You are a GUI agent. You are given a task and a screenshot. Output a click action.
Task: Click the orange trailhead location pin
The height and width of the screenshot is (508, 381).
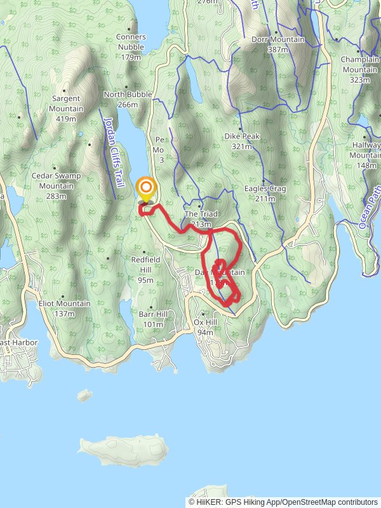pyautogui.click(x=147, y=189)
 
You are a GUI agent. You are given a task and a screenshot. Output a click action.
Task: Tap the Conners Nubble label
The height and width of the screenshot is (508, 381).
pyautogui.click(x=131, y=37)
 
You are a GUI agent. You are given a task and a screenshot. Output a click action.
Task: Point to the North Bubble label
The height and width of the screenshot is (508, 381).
pyautogui.click(x=128, y=95)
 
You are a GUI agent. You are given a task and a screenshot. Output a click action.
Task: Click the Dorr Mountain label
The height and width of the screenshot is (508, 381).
pyautogui.click(x=277, y=39)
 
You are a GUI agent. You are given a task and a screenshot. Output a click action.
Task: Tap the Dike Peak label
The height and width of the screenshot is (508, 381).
pyautogui.click(x=239, y=136)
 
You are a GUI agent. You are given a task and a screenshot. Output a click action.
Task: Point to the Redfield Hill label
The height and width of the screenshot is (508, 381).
pyautogui.click(x=146, y=259)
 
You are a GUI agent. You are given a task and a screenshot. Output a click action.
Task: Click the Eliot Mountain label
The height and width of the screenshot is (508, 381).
pyautogui.click(x=64, y=304)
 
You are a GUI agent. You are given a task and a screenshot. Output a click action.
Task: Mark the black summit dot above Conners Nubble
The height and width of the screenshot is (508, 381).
pyautogui.click(x=131, y=28)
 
